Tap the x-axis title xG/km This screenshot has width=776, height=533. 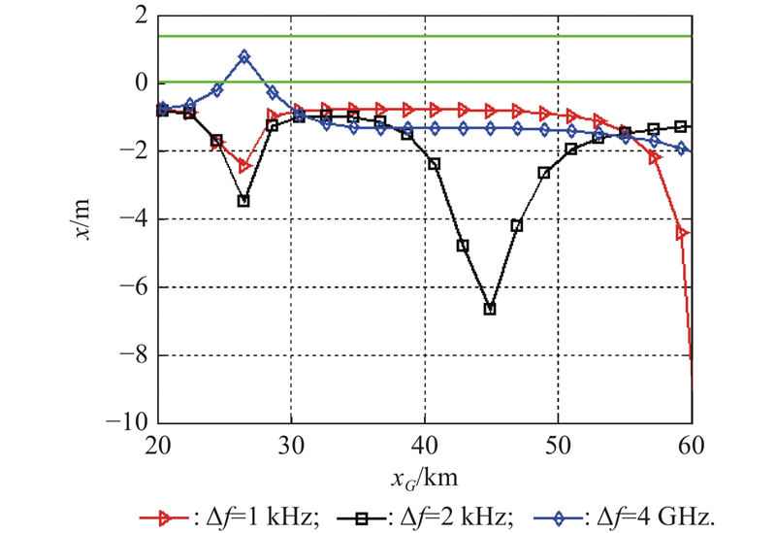[x=425, y=477]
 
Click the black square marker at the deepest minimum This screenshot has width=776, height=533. [x=490, y=309]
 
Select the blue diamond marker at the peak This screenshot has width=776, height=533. [x=244, y=57]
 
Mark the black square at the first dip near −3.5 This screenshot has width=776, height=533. [x=243, y=201]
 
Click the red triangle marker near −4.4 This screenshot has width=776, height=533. [x=682, y=233]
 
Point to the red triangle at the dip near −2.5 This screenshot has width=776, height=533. [x=245, y=166]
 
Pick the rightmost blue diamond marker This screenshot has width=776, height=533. [x=682, y=149]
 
